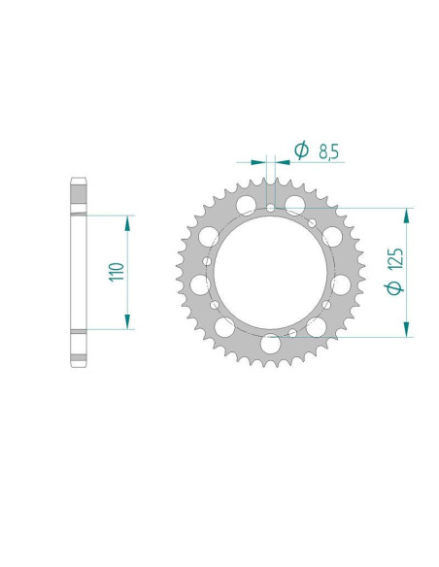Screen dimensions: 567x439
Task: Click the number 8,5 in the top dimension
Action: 328,150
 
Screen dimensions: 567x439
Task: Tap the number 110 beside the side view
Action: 116,272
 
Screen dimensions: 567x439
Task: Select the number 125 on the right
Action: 394,257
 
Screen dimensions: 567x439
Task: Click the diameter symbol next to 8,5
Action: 300,150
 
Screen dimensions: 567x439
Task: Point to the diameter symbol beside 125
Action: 394,288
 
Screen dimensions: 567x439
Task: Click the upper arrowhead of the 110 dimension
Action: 126,221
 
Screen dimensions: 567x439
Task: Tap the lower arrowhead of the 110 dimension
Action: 126,323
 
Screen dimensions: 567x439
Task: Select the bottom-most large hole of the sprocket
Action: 271,345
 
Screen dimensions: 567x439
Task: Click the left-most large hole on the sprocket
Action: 200,284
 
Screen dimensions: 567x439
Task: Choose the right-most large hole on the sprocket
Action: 342,284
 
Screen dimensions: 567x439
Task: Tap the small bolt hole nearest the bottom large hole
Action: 291,333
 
